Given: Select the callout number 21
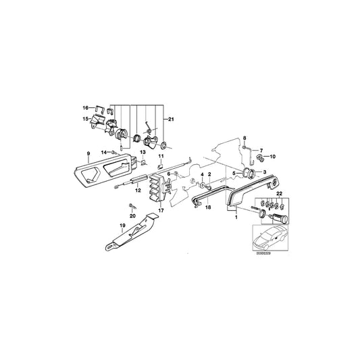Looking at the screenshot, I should click(x=171, y=120).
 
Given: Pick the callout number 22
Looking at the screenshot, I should click(x=279, y=194).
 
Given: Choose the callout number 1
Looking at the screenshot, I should click(x=236, y=217).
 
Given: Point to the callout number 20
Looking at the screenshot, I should click(x=132, y=216).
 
